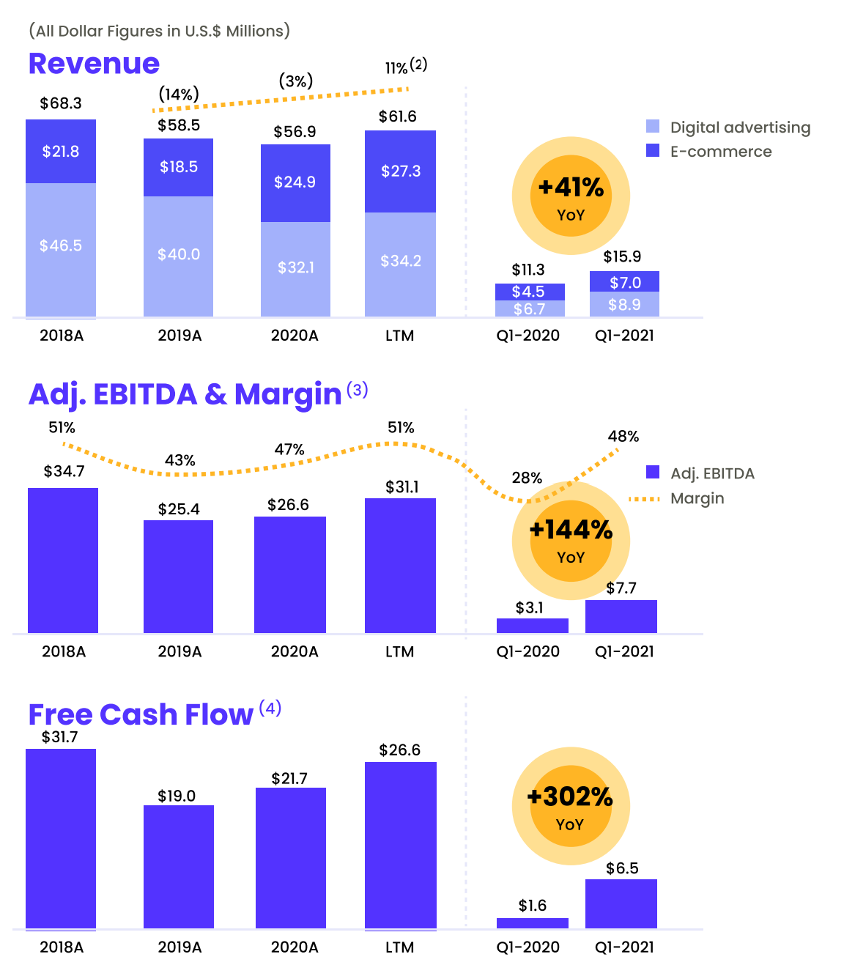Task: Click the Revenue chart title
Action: tap(94, 64)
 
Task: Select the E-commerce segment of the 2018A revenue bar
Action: tap(61, 152)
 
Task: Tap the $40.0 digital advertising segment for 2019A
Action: tap(179, 255)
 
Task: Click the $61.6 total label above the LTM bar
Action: tap(398, 117)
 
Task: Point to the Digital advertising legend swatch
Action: tap(653, 126)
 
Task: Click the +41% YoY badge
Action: tap(571, 196)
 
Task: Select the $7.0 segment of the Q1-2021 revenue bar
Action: tap(625, 282)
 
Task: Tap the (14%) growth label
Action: tap(179, 95)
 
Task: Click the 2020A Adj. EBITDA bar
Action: tap(290, 574)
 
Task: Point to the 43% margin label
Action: tap(179, 460)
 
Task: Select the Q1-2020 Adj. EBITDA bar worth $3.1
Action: tap(533, 626)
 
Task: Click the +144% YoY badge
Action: tap(571, 541)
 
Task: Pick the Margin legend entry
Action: tap(697, 498)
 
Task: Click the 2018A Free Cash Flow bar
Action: tap(61, 838)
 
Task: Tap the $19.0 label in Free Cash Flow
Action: tap(177, 796)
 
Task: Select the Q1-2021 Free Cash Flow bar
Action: tap(621, 903)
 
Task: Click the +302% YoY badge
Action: tap(571, 806)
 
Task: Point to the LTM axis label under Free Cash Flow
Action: tap(400, 947)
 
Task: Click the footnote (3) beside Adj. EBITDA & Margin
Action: tap(357, 389)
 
